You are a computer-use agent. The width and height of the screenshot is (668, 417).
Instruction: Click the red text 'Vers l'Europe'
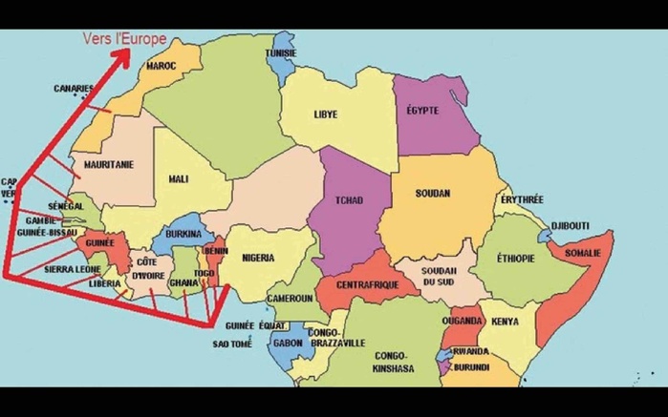(x=124, y=40)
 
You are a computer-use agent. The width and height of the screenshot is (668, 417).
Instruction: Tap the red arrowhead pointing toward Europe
(x=123, y=54)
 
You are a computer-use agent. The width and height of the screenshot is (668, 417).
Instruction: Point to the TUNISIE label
(x=282, y=53)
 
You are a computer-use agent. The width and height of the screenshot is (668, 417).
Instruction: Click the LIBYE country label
(x=326, y=115)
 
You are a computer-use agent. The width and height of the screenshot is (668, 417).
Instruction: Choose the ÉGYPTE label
(x=422, y=111)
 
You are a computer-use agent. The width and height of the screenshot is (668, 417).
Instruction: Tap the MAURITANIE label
(x=109, y=164)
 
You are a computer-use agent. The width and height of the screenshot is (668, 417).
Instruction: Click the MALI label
(x=179, y=178)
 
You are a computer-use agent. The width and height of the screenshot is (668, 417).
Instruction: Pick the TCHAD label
(x=349, y=200)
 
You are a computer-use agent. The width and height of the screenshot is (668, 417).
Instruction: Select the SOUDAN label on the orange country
(x=432, y=194)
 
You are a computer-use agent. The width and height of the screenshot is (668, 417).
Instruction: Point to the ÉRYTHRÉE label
(x=522, y=199)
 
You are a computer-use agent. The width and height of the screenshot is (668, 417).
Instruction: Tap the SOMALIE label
(x=583, y=253)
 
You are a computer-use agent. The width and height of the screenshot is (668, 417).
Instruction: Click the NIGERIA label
(x=259, y=258)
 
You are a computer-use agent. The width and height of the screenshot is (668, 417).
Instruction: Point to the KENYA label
(x=505, y=322)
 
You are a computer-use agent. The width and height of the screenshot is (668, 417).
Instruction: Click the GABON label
(x=288, y=341)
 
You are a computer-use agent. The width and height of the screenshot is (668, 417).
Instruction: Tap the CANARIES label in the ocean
(x=74, y=89)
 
